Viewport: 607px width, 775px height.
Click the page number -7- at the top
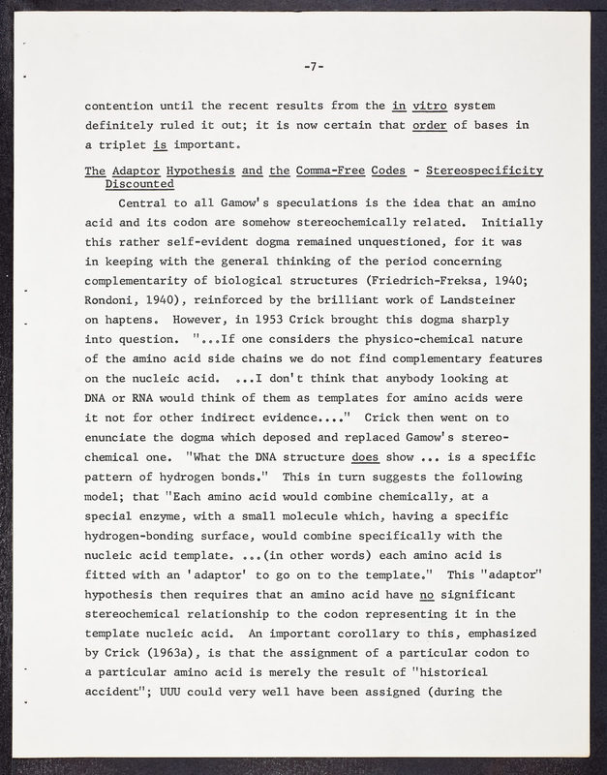point(312,67)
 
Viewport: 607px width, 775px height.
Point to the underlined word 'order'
point(429,125)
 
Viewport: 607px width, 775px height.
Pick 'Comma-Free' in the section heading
point(341,171)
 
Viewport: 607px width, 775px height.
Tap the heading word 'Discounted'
point(139,183)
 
